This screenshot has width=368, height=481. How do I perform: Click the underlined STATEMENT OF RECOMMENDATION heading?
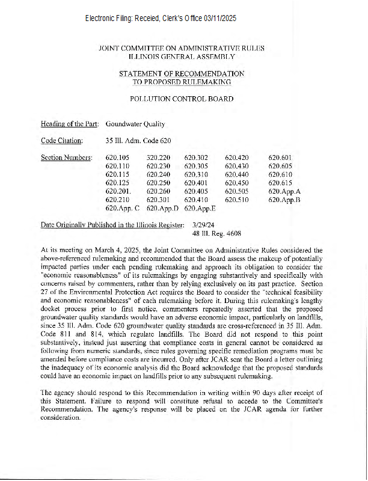pos(182,73)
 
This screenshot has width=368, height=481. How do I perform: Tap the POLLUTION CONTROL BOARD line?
pos(182,99)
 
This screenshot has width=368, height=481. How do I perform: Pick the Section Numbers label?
pos(66,158)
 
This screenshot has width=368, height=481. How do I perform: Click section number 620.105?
pos(118,158)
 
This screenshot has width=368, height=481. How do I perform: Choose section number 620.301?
pos(159,200)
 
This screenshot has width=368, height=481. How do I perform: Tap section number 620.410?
pos(197,200)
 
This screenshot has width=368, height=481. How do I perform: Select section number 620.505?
pos(237,191)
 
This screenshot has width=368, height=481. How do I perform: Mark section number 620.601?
pos(280,158)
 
